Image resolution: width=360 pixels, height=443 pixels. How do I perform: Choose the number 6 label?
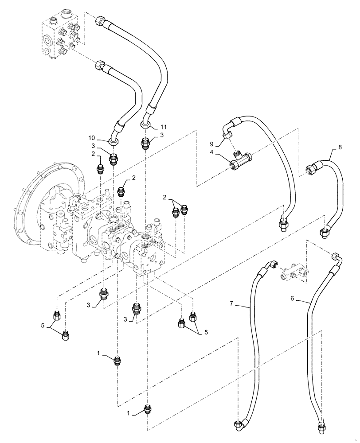click(292, 299)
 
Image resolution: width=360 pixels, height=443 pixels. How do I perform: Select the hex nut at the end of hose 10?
click(114, 141)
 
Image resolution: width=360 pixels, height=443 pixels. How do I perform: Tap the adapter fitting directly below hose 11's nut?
click(145, 143)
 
